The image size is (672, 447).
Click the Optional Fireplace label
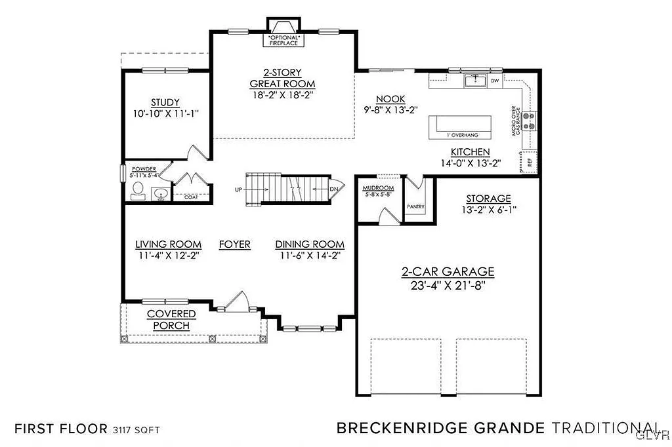(283, 40)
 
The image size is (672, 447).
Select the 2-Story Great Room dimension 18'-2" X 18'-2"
(282, 95)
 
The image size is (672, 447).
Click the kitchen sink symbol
(474, 81)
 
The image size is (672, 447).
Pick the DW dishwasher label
(495, 81)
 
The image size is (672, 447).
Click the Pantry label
(415, 207)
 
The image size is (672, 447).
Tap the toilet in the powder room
(138, 191)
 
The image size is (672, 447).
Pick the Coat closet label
(190, 197)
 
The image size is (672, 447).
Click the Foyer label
(234, 244)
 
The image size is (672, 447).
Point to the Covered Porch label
(171, 320)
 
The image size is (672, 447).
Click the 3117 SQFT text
(136, 430)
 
